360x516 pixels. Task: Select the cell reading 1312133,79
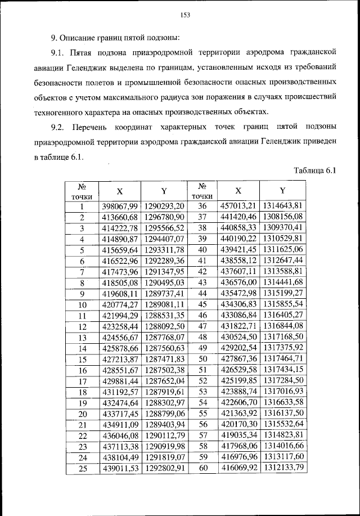(x=282, y=468)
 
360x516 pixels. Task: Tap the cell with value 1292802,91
(x=164, y=468)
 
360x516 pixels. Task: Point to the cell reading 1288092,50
(x=164, y=326)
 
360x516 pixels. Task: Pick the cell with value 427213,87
(x=119, y=359)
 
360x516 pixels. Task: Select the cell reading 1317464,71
(x=282, y=359)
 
